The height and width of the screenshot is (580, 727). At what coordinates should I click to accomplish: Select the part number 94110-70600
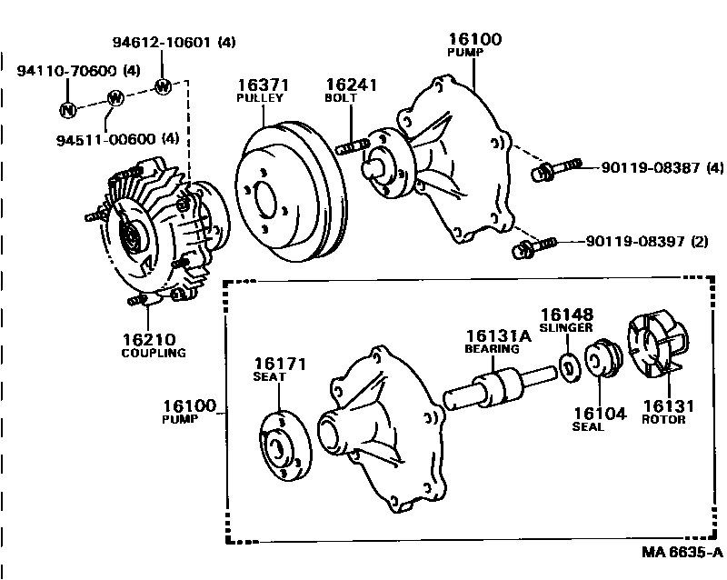click(x=70, y=70)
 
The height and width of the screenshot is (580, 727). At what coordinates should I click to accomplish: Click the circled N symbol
click(x=66, y=110)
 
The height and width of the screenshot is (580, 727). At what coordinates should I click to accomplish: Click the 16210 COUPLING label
click(x=153, y=345)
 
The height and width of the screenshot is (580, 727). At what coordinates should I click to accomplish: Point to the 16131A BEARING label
click(x=492, y=341)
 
